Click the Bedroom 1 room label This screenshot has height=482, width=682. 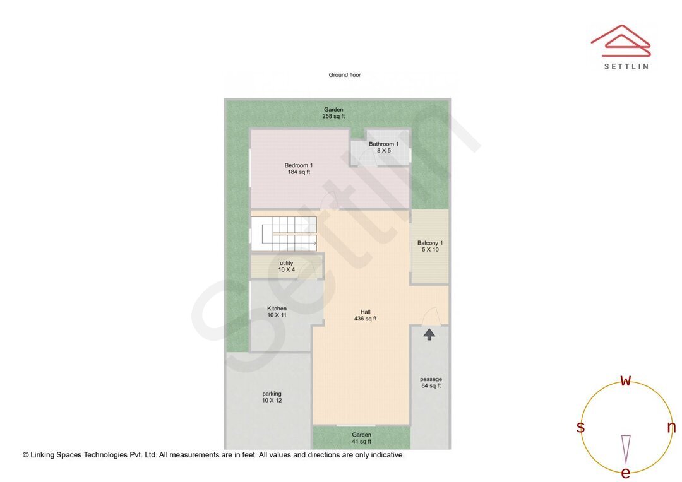[299, 168]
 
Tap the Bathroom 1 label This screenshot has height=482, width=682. [384, 147]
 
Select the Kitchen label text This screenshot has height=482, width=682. [277, 312]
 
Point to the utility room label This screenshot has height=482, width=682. [286, 266]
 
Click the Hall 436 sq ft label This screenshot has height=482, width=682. [365, 315]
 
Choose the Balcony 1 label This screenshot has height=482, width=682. [430, 246]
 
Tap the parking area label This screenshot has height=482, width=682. [272, 397]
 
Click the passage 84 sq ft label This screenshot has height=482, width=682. [431, 382]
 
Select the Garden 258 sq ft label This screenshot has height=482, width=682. [333, 113]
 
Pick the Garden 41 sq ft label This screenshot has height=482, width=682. [362, 438]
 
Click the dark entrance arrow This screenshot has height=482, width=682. [429, 334]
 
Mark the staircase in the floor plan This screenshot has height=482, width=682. [284, 233]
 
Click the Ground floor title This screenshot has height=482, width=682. [345, 75]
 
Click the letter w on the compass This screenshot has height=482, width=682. [626, 381]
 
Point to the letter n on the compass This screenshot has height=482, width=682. [671, 428]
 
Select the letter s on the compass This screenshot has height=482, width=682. [580, 428]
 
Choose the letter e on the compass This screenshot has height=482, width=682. [626, 473]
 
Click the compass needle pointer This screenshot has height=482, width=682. [626, 448]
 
